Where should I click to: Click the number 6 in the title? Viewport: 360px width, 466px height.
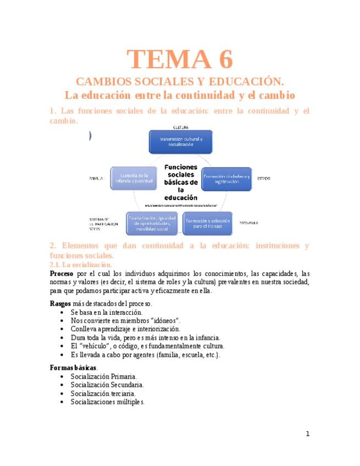[x=223, y=59]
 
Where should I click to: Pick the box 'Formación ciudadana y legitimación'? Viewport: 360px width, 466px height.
[x=226, y=179]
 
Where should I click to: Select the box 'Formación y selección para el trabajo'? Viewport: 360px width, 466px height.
[x=207, y=223]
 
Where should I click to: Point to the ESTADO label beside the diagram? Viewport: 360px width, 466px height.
[x=263, y=179]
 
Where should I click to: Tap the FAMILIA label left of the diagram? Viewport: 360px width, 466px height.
[x=96, y=179]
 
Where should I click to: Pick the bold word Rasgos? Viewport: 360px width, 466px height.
[x=60, y=303]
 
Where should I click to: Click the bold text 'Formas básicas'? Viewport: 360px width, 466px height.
[x=73, y=367]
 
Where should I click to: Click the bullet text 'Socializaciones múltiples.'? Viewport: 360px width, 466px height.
[x=108, y=402]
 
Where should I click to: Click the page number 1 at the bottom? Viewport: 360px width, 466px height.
[x=308, y=434]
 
